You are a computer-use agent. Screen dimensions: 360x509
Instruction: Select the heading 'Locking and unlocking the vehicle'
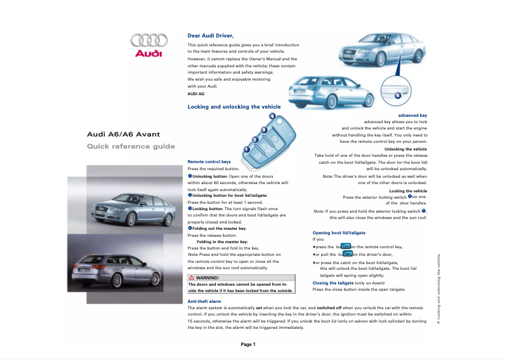pos(234,107)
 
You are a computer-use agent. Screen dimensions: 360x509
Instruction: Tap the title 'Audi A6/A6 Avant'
pos(124,134)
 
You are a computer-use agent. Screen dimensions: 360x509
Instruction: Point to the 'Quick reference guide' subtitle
pos(131,147)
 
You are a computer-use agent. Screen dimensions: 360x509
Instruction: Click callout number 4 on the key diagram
pos(272,116)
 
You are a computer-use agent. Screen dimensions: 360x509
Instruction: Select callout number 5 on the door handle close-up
pos(397,95)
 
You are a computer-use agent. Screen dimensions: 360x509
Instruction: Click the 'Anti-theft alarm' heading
pos(204,300)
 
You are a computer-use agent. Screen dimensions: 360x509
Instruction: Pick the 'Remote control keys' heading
pos(209,162)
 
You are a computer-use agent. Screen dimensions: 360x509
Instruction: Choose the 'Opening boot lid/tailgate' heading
pos(339,233)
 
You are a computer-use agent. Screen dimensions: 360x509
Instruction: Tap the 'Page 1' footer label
pos(248,344)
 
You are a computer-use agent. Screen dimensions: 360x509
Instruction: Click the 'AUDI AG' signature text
pos(196,93)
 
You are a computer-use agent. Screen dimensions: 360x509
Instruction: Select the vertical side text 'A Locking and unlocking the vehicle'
pos(438,289)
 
